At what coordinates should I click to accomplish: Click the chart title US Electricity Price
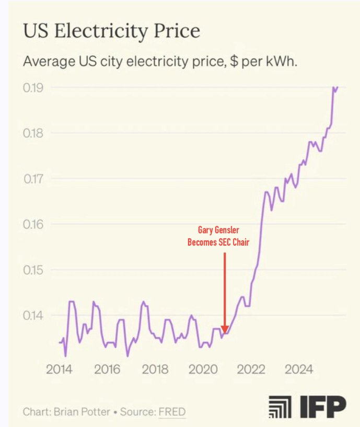pyautogui.click(x=111, y=31)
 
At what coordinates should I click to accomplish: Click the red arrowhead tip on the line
pyautogui.click(x=224, y=332)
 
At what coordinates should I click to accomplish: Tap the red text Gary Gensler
pyautogui.click(x=218, y=230)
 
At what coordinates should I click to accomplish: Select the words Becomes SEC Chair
pyautogui.click(x=218, y=242)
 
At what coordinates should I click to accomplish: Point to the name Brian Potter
pyautogui.click(x=82, y=412)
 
